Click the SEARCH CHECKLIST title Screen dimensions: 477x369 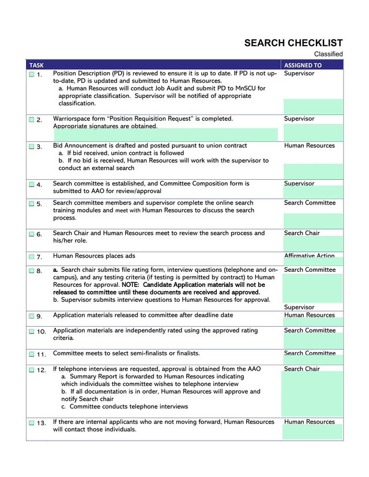click(293, 43)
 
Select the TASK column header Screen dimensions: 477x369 click(36, 65)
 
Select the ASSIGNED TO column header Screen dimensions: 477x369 click(303, 65)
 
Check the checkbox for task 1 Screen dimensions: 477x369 click(31, 75)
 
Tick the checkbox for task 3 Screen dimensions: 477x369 click(31, 147)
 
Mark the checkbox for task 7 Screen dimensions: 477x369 click(31, 257)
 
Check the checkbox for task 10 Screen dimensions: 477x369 click(31, 332)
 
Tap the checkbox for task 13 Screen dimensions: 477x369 click(31, 423)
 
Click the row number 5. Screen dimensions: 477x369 click(40, 204)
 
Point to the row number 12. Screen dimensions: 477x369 click(42, 370)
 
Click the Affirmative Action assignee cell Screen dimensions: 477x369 click(309, 256)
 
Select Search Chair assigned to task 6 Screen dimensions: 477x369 click(302, 233)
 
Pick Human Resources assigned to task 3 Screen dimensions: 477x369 click(309, 146)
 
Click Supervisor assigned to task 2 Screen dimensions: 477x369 click(299, 119)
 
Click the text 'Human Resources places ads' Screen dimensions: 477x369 click(94, 256)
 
